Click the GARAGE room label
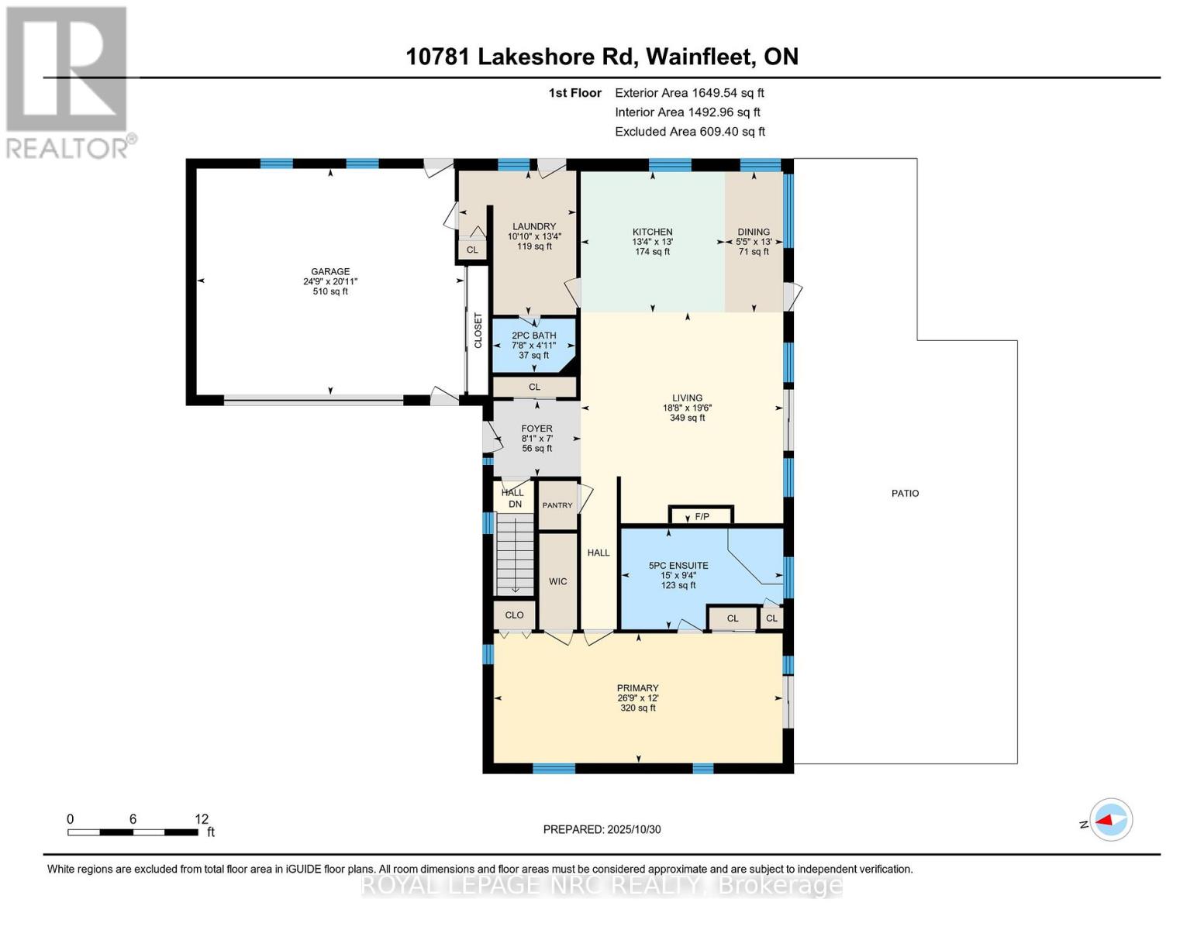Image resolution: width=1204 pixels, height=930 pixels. coord(330,272)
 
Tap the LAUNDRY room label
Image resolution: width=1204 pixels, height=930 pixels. coord(534,227)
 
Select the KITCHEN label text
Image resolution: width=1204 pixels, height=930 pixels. coord(652,232)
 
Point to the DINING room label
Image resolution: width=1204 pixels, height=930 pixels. coord(754,232)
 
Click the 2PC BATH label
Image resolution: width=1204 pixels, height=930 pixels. coord(534,336)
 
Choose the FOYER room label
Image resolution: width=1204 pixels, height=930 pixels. coord(536,429)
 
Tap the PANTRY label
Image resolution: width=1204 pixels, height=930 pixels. coord(557,505)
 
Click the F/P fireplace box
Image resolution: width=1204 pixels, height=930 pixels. coord(702,516)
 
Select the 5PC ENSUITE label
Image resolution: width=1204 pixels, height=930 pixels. coord(678,566)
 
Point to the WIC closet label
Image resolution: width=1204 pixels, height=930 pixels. coord(558,582)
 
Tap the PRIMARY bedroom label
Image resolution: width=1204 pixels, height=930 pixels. coord(637,688)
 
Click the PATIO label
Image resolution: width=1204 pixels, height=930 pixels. coord(905,494)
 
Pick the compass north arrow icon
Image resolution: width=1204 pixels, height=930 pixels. coord(1111,820)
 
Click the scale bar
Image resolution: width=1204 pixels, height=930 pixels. coord(132,832)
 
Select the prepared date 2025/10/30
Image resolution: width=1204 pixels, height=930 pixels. coord(602,829)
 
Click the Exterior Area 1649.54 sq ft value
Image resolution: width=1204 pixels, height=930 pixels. coord(689,93)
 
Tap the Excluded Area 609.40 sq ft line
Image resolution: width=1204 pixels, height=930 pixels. coord(689,132)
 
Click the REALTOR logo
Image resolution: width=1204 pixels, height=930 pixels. coord(68,81)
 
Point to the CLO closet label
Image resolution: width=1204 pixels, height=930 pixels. coord(514,615)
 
